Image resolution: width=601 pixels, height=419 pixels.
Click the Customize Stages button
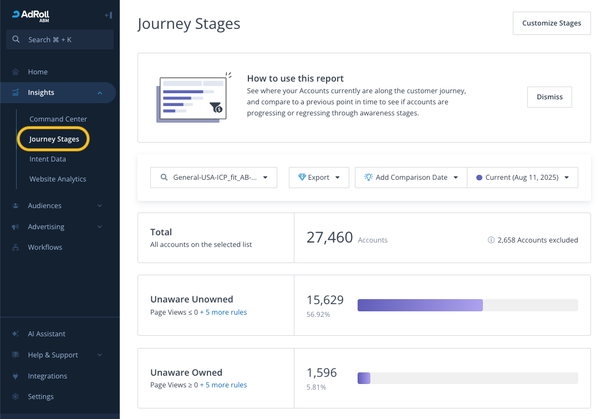(x=552, y=23)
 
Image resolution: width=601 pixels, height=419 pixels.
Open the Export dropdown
(x=319, y=178)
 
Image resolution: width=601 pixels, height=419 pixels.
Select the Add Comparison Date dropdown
(x=411, y=178)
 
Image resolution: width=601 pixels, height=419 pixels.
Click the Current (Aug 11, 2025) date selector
(x=522, y=178)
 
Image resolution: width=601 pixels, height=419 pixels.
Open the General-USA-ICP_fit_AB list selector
(x=213, y=178)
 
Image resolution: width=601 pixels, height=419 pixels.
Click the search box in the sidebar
(x=60, y=39)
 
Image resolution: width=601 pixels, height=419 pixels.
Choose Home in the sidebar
(x=38, y=72)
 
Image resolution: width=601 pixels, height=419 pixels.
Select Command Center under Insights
(x=58, y=119)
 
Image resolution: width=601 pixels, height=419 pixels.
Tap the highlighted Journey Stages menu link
(x=54, y=139)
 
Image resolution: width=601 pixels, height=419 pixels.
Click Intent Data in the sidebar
(x=48, y=159)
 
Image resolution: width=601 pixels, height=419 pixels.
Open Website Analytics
(x=58, y=179)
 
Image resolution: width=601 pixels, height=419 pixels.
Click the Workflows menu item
(x=45, y=247)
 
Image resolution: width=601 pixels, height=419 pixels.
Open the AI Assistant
(x=47, y=334)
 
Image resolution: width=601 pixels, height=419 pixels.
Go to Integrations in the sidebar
(x=47, y=376)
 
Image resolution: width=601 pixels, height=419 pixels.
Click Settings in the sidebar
(x=40, y=396)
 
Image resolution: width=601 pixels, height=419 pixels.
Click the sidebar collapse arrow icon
(x=109, y=16)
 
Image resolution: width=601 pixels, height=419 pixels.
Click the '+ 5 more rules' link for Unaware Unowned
(x=223, y=312)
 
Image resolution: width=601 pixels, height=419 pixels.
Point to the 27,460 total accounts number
(x=330, y=238)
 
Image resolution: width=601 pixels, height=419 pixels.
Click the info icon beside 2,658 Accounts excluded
(x=491, y=240)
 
